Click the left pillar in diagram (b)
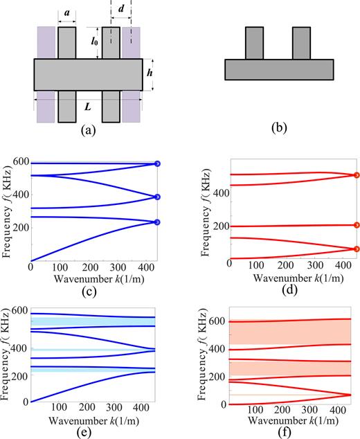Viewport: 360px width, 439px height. click(254, 44)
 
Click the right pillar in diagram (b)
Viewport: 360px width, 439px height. click(301, 44)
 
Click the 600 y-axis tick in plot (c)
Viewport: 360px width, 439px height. click(19, 162)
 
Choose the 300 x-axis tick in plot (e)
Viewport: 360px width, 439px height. click(119, 411)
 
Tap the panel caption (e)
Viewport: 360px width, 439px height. click(93, 430)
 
